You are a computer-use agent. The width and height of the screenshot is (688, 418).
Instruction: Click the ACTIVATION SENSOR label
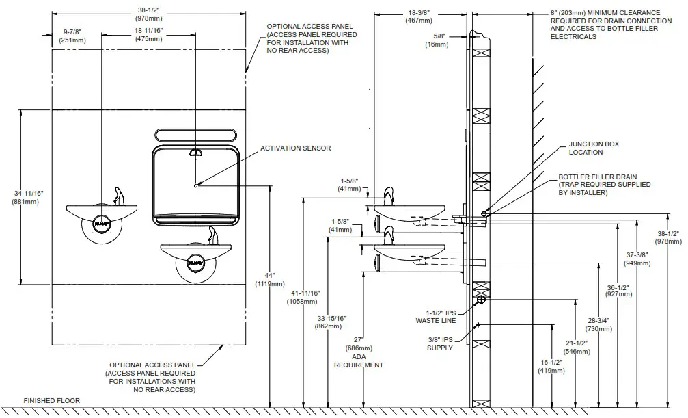pos(294,148)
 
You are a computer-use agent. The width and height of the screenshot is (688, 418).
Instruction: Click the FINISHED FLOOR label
pos(51,401)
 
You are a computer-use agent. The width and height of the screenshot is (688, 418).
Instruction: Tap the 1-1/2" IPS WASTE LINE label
pos(436,315)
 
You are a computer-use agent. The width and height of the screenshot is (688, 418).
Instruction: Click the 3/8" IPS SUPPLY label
pos(439,343)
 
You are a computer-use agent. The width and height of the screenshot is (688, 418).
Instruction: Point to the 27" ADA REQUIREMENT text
pos(358,352)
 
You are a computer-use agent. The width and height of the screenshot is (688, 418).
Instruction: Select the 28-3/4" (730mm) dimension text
pos(594,324)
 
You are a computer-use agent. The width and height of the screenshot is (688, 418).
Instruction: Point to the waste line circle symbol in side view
pos(480,300)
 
